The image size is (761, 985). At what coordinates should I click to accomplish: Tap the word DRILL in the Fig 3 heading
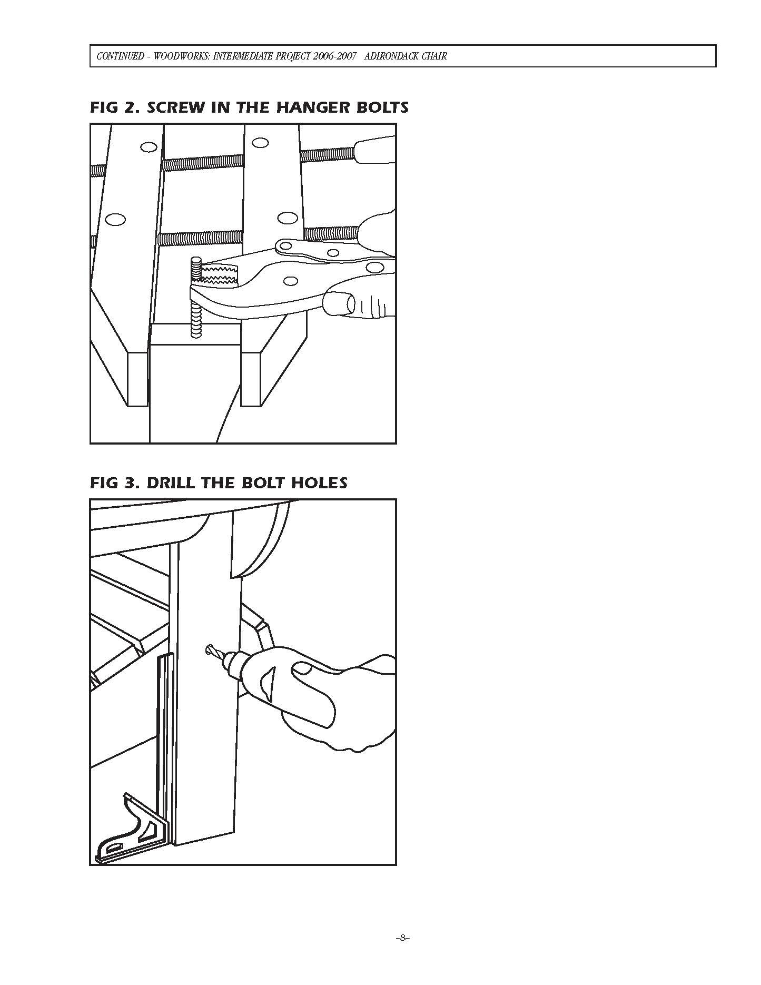tap(172, 482)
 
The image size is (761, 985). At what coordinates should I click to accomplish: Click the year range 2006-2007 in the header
tap(331, 56)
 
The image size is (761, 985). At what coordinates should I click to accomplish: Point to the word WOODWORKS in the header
tap(177, 56)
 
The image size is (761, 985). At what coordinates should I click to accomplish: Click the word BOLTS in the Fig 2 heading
tap(384, 107)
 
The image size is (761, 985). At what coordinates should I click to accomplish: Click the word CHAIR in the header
tap(434, 56)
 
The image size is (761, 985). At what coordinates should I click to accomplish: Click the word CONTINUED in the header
tap(119, 56)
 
